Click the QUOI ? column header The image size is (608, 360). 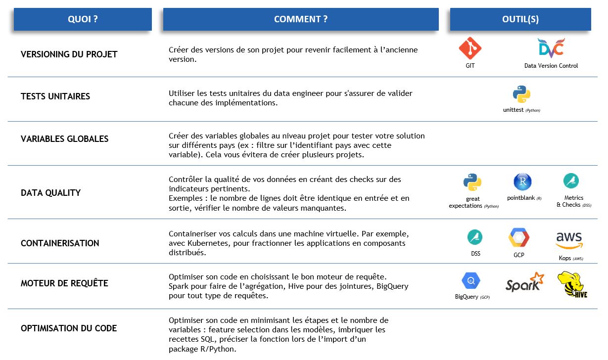point(83,19)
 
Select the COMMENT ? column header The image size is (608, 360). point(301,19)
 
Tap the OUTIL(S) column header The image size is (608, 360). point(520,19)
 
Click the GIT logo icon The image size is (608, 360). point(470,48)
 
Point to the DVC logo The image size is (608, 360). point(551,48)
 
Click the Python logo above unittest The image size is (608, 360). point(521,94)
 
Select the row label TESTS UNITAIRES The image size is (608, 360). point(55,96)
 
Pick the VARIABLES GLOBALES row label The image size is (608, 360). point(64,139)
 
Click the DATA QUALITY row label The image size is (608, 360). point(50,193)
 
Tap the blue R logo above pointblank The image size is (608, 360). point(522,182)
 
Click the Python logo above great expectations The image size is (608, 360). point(472,182)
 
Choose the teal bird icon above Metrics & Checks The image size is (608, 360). point(571,181)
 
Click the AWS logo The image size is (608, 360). point(569,241)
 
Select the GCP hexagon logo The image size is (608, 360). point(519,238)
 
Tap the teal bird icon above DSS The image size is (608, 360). point(475,237)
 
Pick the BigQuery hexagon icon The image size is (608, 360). point(470,281)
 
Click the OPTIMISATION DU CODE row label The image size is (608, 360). point(69,328)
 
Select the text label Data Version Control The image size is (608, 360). point(551,66)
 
